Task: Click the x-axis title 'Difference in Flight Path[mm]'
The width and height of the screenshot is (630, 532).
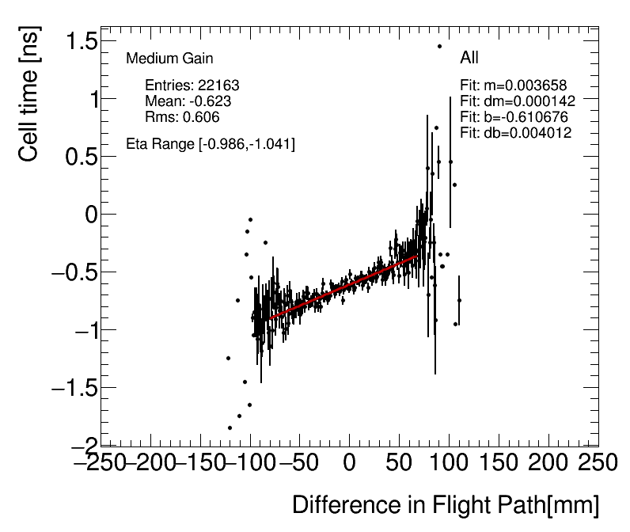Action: pos(446,505)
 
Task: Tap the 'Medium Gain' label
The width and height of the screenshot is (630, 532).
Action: pos(169,59)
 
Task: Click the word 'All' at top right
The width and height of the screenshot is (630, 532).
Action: pos(469,58)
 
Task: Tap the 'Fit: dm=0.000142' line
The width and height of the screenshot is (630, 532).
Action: pos(518,101)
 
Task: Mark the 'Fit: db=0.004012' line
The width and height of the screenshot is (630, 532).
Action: pos(516,133)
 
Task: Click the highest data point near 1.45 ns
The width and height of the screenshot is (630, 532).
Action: pos(439,46)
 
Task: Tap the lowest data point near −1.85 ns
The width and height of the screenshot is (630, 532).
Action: pos(230,428)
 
